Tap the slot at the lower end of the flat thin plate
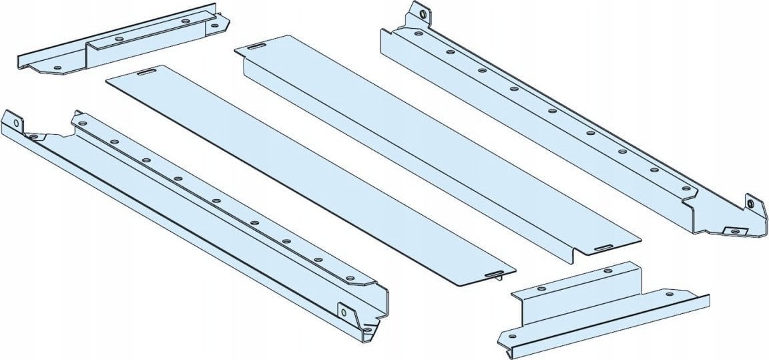(493, 273)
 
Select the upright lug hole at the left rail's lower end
(344, 310)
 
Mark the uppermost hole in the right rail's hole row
(417, 33)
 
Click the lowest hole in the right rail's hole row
(686, 190)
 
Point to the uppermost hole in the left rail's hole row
(83, 123)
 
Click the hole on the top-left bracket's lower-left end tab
(58, 68)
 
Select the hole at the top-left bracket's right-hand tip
(214, 26)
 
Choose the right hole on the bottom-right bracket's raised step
(607, 271)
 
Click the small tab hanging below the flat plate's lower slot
(499, 279)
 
